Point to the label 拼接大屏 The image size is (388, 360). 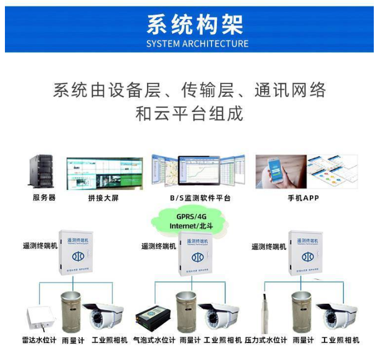pos(103,198)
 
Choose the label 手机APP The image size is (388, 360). pos(303,198)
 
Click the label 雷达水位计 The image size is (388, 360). pos(39,340)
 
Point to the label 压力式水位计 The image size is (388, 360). pos(266,340)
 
